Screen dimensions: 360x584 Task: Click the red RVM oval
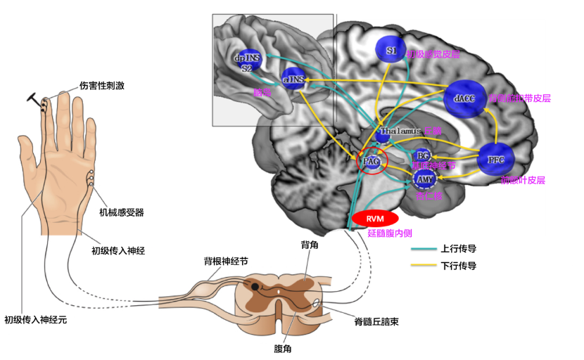373,219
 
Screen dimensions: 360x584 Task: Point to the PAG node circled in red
372,162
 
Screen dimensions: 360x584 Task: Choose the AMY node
425,180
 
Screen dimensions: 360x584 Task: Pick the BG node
423,155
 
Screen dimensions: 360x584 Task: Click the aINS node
293,79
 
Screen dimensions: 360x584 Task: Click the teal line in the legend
423,249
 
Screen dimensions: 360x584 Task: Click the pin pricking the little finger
35,97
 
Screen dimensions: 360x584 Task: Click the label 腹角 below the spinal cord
281,347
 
